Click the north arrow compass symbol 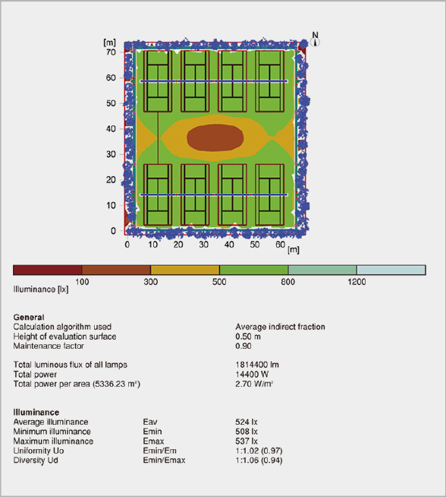(x=315, y=42)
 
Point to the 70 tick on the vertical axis (x=111, y=52)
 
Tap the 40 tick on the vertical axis (x=111, y=128)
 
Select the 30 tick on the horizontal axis (x=204, y=245)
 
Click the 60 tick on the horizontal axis (x=280, y=245)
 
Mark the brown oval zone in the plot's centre (x=215, y=138)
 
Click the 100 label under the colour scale (x=82, y=281)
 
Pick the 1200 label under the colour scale (x=356, y=281)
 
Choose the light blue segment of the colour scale (x=391, y=270)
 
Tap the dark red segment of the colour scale (x=48, y=270)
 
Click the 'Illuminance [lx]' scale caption (x=41, y=290)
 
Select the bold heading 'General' (x=29, y=318)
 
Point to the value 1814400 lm (x=257, y=365)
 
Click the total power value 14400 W (x=252, y=374)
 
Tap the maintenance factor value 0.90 (x=243, y=346)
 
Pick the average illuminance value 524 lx (x=247, y=422)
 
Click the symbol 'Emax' (x=153, y=441)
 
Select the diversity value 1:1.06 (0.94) (x=259, y=460)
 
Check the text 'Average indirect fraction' (x=280, y=327)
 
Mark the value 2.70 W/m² (x=254, y=384)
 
